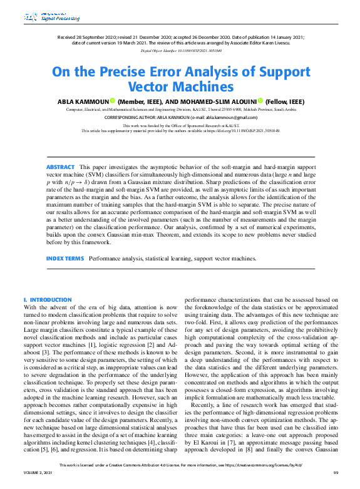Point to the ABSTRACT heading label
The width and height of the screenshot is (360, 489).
(x=59, y=167)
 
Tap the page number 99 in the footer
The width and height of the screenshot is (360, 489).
(x=336, y=481)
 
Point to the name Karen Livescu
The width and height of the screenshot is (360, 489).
(x=291, y=42)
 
